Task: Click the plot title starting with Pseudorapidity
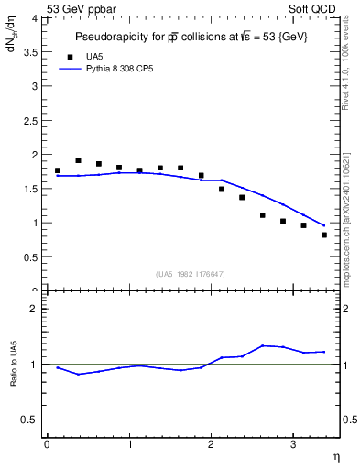click(x=191, y=37)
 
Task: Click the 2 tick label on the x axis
click(x=211, y=444)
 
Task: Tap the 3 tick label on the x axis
click(x=292, y=444)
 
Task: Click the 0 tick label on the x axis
click(x=47, y=444)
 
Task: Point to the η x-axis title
click(x=334, y=454)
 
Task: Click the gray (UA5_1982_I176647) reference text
click(x=191, y=273)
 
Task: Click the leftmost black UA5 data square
click(x=58, y=170)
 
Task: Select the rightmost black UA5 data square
click(x=324, y=235)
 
